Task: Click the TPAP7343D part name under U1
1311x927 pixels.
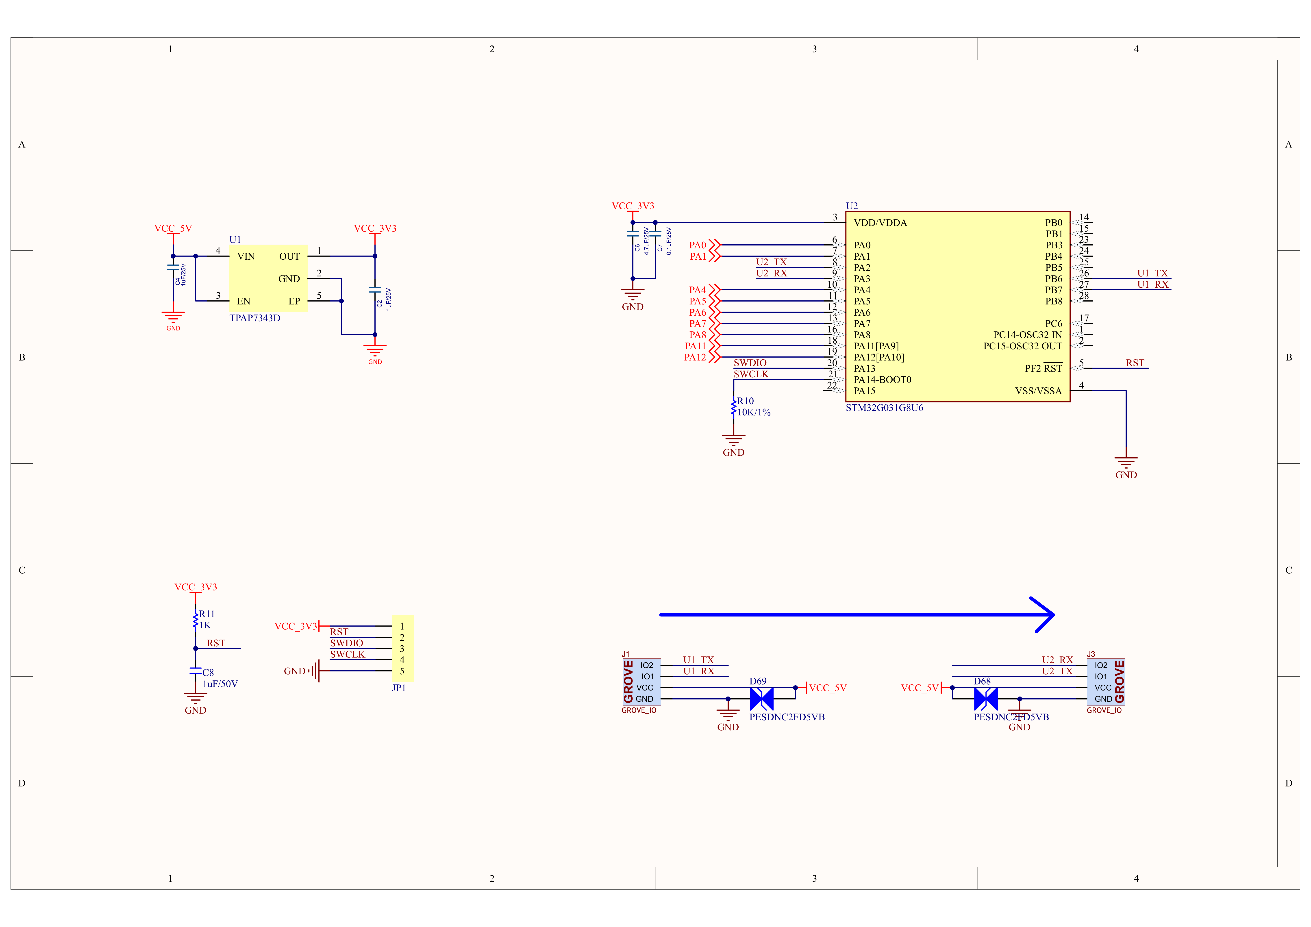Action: coord(255,318)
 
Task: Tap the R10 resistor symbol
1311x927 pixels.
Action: coord(734,407)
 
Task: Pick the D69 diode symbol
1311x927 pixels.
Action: coord(761,699)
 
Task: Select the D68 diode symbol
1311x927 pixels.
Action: coord(985,699)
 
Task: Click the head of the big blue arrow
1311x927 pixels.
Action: coord(1053,615)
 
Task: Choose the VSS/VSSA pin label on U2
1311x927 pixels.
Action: coord(1038,391)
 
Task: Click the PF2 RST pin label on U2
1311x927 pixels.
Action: coord(1043,368)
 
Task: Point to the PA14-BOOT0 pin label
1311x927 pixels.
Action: coord(882,380)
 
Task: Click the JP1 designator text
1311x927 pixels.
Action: coord(399,688)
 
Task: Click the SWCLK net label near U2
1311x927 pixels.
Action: coord(751,374)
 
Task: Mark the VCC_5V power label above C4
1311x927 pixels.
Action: coord(173,228)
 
